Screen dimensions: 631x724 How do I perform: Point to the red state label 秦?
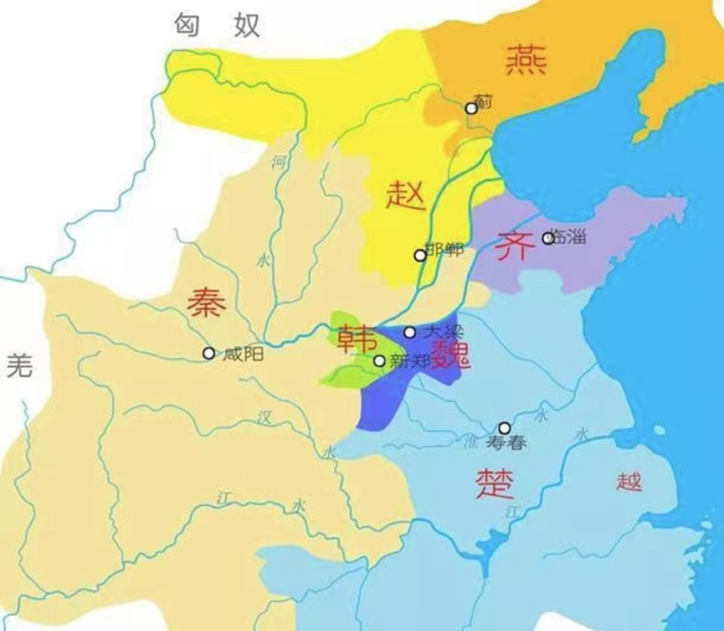click(206, 302)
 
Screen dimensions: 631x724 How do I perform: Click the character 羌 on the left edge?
click(19, 365)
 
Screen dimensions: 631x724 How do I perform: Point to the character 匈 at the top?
click(188, 25)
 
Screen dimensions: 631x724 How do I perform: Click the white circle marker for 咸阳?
click(208, 353)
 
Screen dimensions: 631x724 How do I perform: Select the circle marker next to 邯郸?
click(420, 255)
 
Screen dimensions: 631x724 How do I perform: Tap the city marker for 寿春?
click(504, 427)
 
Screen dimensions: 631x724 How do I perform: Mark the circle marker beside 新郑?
click(379, 360)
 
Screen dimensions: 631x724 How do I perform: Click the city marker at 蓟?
click(471, 108)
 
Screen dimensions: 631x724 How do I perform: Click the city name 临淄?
click(569, 238)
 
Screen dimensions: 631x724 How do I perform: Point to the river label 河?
click(278, 163)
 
